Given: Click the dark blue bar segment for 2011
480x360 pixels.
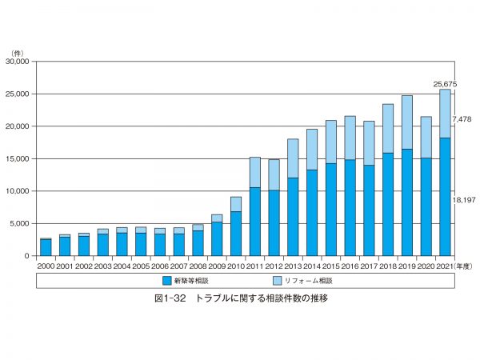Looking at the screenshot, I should pyautogui.click(x=255, y=222).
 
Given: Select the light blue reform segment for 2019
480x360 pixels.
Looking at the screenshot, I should pyautogui.click(x=407, y=122).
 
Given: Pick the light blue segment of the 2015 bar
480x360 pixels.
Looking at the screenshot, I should pyautogui.click(x=331, y=142).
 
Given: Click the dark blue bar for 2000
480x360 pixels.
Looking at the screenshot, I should pyautogui.click(x=46, y=247).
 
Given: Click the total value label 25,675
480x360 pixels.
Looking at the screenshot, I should pyautogui.click(x=445, y=83).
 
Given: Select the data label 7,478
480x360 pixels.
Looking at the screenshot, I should pyautogui.click(x=462, y=119).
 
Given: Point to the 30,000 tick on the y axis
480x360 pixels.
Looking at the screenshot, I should pyautogui.click(x=17, y=61).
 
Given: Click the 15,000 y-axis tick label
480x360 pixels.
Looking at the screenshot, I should pyautogui.click(x=17, y=158).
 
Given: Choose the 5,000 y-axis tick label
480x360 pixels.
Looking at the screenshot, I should pyautogui.click(x=19, y=223).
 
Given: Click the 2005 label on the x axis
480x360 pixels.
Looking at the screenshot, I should pyautogui.click(x=141, y=266).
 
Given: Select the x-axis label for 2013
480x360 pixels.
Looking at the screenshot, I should pyautogui.click(x=293, y=266).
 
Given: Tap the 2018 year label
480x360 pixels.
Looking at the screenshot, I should pyautogui.click(x=388, y=266).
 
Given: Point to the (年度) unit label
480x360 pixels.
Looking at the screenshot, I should pyautogui.click(x=464, y=266).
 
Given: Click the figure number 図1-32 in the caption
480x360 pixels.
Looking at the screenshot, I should pyautogui.click(x=171, y=298).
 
